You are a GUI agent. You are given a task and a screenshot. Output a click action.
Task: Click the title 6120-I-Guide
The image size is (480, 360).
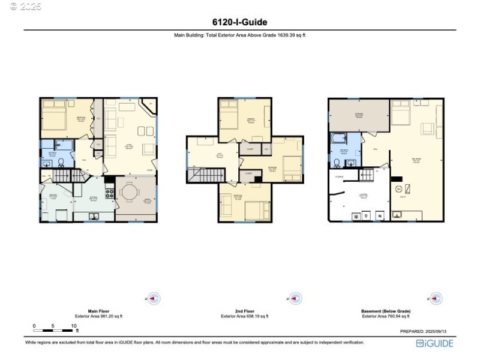point(239,22)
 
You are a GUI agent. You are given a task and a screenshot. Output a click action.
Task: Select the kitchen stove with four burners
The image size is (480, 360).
point(109,193)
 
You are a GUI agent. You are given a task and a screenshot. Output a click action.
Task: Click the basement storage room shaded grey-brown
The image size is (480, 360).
point(359,115)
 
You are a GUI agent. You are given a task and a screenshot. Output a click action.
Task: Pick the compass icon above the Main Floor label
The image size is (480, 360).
point(154,298)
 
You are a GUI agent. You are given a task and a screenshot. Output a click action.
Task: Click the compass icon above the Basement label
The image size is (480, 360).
point(436,298)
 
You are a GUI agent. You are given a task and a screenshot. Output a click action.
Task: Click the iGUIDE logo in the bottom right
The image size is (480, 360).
point(435,343)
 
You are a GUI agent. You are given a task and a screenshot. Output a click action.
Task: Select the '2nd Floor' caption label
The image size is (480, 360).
point(244,311)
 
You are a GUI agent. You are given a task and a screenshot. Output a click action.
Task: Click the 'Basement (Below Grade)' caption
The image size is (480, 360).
point(386,311)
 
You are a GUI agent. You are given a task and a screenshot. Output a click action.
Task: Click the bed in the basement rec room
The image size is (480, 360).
point(400,112)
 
